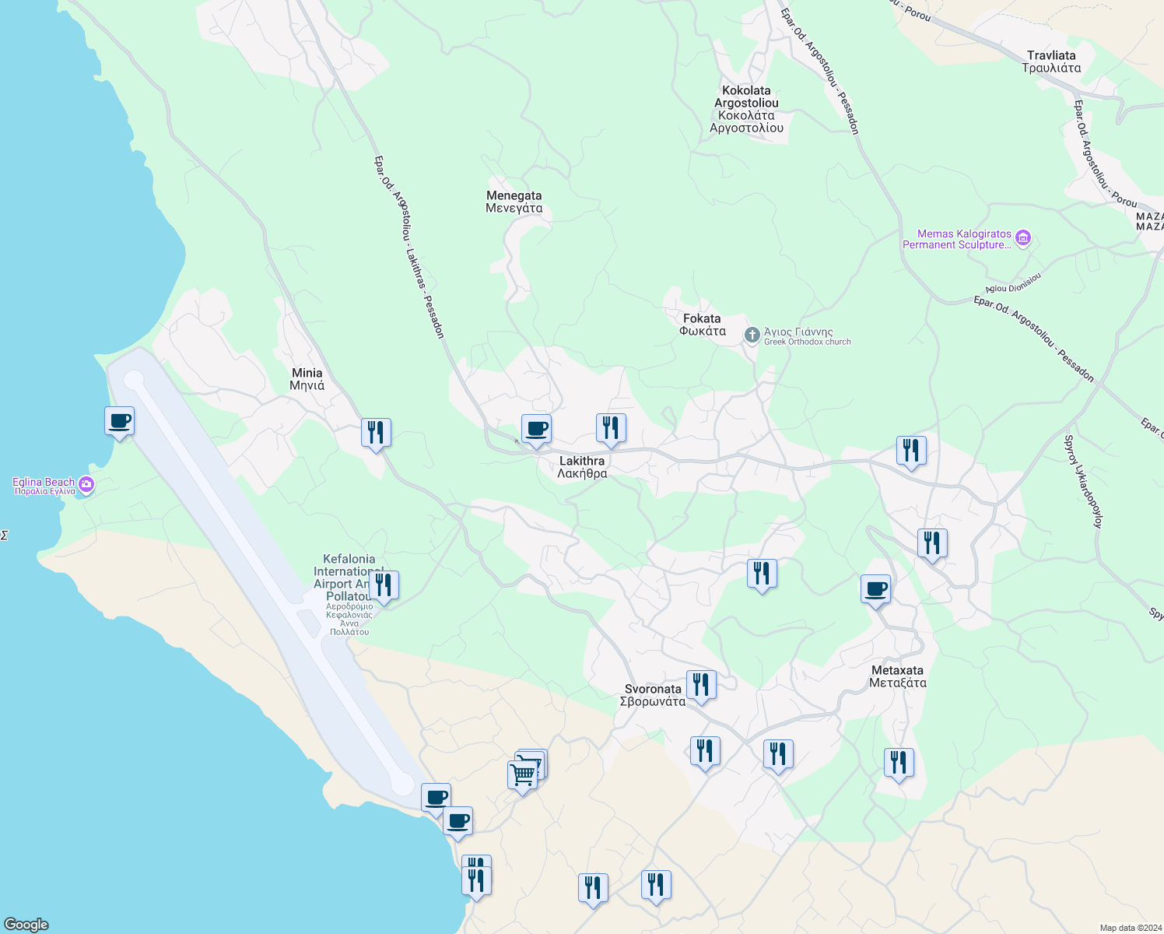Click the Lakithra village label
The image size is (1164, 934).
pos(582,467)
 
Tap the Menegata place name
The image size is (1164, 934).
pos(514,202)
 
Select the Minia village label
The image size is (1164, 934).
pos(307,379)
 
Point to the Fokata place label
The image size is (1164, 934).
pos(702,325)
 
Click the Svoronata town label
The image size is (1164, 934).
pos(653,695)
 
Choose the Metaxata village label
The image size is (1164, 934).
pos(897,676)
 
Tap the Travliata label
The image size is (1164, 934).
pos(1051,61)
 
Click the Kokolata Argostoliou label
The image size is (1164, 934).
pos(746,109)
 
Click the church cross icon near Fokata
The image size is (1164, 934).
pos(752,335)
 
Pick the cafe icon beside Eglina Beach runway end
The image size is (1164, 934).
pos(119,421)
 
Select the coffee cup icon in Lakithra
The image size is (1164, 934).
pos(536,429)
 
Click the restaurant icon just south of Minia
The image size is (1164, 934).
pos(376,433)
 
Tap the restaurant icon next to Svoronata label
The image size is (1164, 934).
pos(701,685)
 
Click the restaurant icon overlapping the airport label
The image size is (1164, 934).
pos(383,585)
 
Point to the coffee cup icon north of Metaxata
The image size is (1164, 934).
pos(875,589)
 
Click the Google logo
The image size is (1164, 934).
pos(26,925)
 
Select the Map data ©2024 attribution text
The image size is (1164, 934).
pos(1130,928)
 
